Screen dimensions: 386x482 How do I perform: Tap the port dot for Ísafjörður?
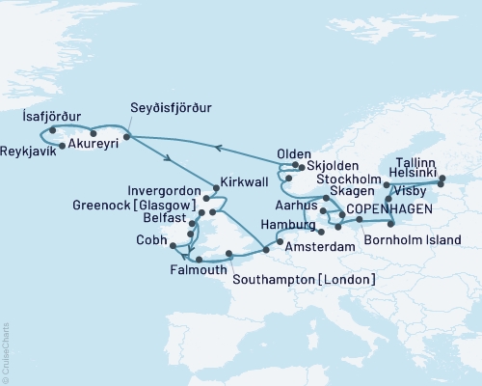tap(53, 129)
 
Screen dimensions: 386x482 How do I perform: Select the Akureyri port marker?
tap(93, 133)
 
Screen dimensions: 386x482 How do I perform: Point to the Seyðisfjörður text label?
tap(171, 108)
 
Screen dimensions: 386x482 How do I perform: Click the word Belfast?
tap(162, 219)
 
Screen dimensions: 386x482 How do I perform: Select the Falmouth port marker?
tap(199, 260)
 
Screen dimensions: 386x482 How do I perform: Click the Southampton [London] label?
tap(305, 280)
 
